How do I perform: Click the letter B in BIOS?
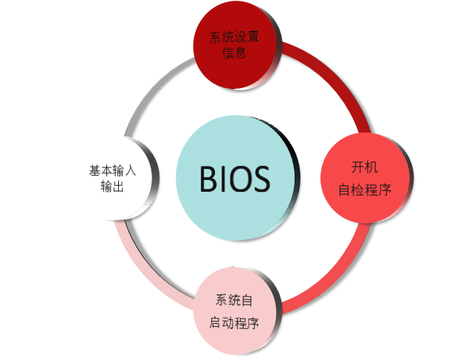point(209,179)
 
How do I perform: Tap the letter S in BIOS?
point(260,179)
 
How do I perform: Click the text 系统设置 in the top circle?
point(234,38)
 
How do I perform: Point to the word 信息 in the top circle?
point(234,54)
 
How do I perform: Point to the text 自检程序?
point(364,190)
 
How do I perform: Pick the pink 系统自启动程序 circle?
point(235,312)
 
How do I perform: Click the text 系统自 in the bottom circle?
point(235,300)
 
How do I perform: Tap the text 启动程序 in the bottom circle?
point(235,323)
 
